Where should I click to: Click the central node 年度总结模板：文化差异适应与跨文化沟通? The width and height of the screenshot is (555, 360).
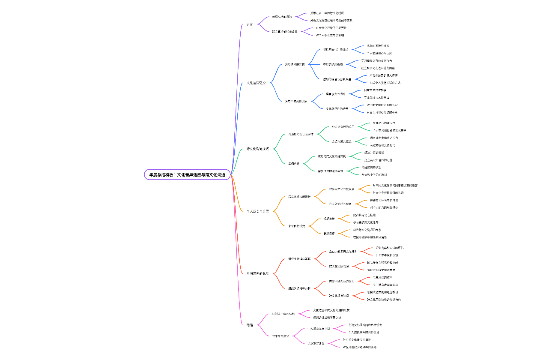[187, 174]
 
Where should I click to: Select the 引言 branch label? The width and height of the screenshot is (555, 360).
[250, 24]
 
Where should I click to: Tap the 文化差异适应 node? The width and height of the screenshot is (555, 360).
[256, 83]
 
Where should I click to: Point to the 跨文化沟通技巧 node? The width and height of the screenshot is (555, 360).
[258, 149]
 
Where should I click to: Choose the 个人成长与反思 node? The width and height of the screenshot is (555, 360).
[258, 211]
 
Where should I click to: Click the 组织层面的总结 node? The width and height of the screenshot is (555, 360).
[258, 273]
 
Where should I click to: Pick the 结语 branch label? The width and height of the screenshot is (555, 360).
[250, 325]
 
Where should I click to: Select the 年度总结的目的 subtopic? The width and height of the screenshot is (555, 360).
[282, 17]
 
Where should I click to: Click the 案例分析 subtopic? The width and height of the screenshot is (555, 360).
[294, 163]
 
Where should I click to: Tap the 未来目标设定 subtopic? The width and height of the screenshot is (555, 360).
[296, 226]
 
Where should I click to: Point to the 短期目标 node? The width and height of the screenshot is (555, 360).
[329, 219]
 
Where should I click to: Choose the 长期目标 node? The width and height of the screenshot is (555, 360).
[329, 233]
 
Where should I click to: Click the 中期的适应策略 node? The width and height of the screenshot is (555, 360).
[333, 64]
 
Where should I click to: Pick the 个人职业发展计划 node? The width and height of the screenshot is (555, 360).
[319, 329]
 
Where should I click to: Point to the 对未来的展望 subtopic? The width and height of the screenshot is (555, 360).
[280, 336]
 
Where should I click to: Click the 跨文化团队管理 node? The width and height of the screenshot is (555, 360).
[339, 266]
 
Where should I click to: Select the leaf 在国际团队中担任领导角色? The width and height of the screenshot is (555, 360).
[370, 237]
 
